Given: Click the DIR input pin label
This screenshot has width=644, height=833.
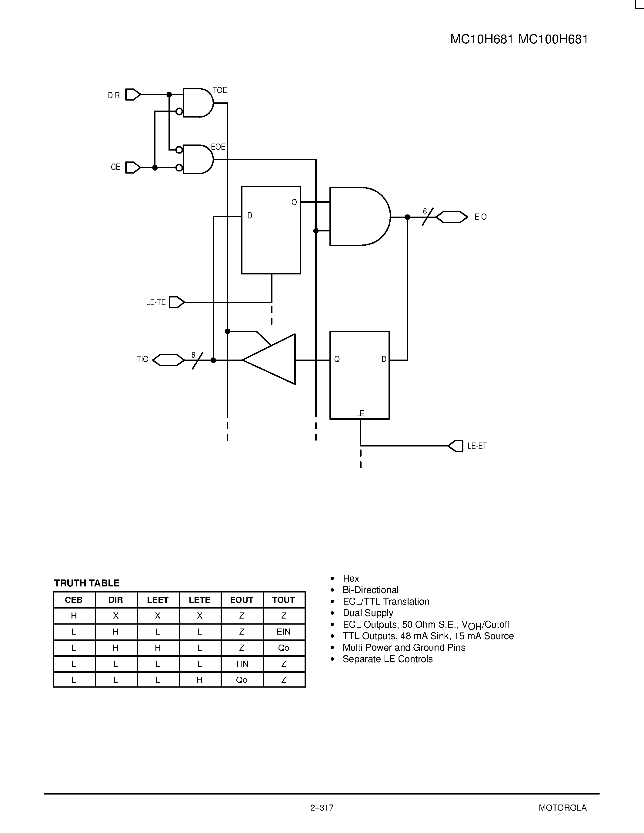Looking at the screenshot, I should [x=114, y=95].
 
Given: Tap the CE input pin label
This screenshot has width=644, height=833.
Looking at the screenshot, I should [x=115, y=167].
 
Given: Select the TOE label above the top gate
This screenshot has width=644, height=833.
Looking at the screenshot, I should [x=220, y=90].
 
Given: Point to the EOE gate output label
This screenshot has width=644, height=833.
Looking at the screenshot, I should [x=218, y=147].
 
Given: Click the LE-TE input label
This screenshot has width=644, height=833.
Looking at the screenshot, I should [x=156, y=303].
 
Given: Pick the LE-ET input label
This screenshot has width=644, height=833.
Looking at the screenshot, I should [x=477, y=446].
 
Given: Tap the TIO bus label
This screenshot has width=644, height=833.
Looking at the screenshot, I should [x=143, y=359].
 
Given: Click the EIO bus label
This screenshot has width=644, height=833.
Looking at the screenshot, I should [x=480, y=217].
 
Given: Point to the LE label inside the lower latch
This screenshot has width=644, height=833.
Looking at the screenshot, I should [x=360, y=413].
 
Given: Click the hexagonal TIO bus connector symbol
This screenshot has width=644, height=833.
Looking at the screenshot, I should [x=168, y=360].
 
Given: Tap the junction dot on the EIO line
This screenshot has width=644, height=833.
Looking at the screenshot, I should [x=407, y=217].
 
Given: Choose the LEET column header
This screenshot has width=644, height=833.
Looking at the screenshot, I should [x=158, y=600].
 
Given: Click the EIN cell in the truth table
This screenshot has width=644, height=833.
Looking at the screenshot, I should [x=283, y=632].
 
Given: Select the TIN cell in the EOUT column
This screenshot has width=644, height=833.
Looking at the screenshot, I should [x=242, y=664].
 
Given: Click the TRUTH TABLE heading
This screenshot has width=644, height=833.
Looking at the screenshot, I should [x=87, y=583].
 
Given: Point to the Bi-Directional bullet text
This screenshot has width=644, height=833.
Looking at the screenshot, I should [x=370, y=590].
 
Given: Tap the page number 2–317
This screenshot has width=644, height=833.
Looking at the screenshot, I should [x=322, y=808].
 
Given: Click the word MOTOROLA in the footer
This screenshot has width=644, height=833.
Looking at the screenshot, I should [x=562, y=808].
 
